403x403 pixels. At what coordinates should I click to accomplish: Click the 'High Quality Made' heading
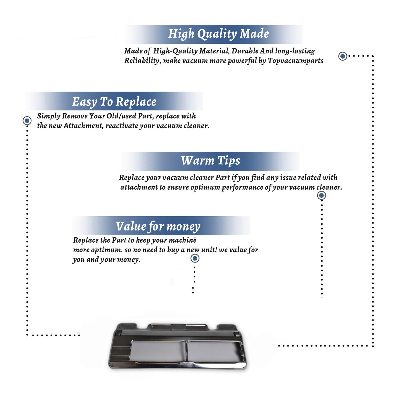pos(218,34)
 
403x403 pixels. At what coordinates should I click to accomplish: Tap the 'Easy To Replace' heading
pos(114,102)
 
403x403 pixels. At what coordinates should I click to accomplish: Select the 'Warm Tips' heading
pos(211,161)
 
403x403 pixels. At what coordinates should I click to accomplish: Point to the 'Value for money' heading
pos(158,226)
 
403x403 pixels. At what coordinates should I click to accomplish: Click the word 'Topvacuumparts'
pos(296,61)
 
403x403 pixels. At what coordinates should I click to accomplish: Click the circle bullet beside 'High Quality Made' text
pos(343,56)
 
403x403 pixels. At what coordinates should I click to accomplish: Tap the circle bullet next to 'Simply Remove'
pos(27,121)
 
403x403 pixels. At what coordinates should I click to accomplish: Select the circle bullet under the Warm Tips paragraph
pos(321,195)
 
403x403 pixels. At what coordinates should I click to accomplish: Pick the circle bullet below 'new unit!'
pos(195,258)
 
